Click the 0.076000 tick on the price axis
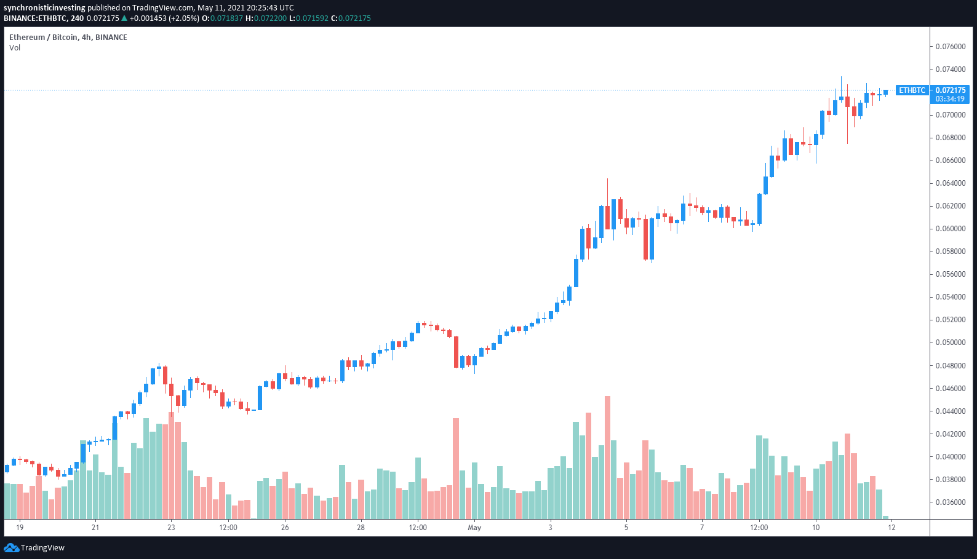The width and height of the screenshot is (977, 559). pyautogui.click(x=950, y=47)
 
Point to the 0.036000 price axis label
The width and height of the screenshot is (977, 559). pyautogui.click(x=950, y=502)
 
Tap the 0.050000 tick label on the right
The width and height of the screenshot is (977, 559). pyautogui.click(x=950, y=343)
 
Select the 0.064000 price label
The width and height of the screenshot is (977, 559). pyautogui.click(x=950, y=183)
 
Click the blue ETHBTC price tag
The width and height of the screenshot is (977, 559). pyautogui.click(x=912, y=90)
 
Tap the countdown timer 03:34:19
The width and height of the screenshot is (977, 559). pyautogui.click(x=950, y=99)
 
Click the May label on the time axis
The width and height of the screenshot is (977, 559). pyautogui.click(x=474, y=528)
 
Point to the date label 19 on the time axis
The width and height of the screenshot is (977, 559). pyautogui.click(x=20, y=528)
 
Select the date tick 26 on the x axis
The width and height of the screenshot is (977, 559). pyautogui.click(x=285, y=528)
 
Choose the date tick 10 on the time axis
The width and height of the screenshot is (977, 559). pyautogui.click(x=816, y=528)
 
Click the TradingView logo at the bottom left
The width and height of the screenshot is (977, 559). pyautogui.click(x=34, y=548)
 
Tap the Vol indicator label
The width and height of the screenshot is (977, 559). pyautogui.click(x=15, y=48)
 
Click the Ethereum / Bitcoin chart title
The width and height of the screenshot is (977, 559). pyautogui.click(x=68, y=38)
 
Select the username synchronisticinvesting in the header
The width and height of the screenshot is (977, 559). pyautogui.click(x=44, y=8)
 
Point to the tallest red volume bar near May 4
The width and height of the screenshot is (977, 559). pyautogui.click(x=608, y=458)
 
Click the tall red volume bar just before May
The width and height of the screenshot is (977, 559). pyautogui.click(x=456, y=469)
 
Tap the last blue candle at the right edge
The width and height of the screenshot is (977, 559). pyautogui.click(x=885, y=92)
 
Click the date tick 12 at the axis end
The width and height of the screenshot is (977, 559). pyautogui.click(x=891, y=528)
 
